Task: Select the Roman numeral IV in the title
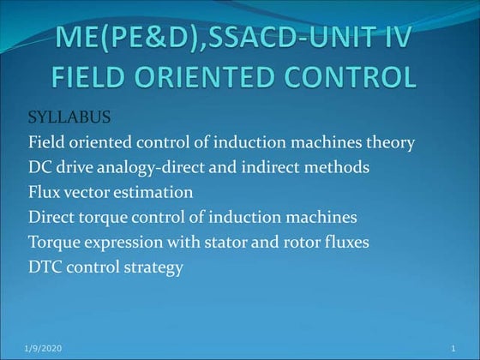tap(395, 39)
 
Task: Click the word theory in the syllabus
tap(390, 142)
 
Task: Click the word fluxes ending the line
tap(349, 243)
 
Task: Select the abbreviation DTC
tap(45, 267)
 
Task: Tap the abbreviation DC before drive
tap(39, 167)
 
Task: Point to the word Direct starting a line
tap(51, 217)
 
